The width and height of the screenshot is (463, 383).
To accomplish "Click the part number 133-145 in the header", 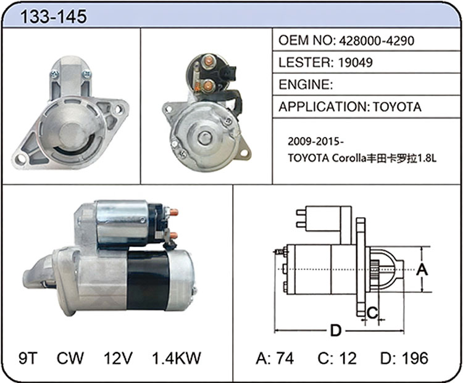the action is [54, 16].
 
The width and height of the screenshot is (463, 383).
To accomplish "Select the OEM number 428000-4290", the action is [377, 41].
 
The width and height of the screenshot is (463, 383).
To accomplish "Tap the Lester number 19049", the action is [355, 62].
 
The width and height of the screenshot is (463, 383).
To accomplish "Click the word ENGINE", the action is [304, 84].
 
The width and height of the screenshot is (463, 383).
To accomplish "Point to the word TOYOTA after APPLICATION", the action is [397, 107].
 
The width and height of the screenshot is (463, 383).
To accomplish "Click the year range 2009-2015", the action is [314, 142].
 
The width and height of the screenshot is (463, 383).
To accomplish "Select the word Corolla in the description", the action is [349, 158].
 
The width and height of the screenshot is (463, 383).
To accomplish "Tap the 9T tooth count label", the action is [28, 358].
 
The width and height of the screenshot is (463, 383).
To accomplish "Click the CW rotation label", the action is [70, 358].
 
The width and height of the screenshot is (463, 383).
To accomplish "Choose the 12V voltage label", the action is [118, 358].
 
